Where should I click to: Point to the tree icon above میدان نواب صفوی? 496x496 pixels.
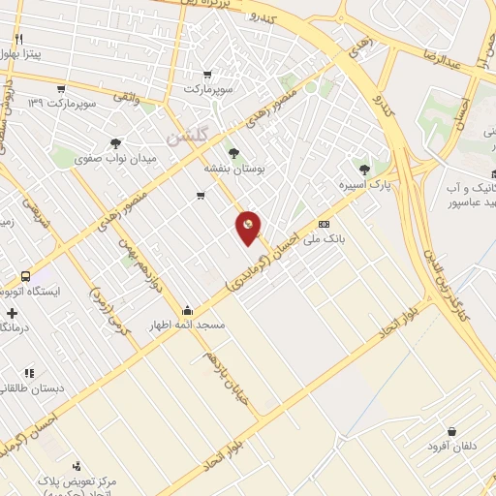click(116, 142)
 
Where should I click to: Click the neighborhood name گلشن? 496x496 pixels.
click(186, 138)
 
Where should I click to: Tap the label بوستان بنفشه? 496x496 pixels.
click(233, 168)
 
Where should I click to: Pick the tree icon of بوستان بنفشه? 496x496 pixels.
click(232, 153)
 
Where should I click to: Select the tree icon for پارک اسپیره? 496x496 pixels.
click(364, 169)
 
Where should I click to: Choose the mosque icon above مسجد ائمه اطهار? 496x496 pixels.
click(186, 311)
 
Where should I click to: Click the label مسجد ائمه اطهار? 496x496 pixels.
click(187, 325)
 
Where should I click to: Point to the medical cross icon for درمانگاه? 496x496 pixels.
click(11, 313)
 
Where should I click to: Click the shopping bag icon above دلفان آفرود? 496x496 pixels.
click(451, 432)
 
